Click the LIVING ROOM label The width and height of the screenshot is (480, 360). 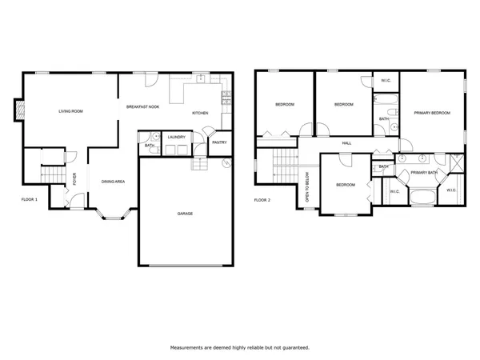pyautogui.click(x=70, y=111)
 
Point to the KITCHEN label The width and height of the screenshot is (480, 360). pyautogui.click(x=200, y=113)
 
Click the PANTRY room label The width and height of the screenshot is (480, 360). pyautogui.click(x=218, y=142)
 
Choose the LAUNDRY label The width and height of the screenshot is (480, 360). pyautogui.click(x=177, y=138)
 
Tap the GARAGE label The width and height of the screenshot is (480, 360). pyautogui.click(x=185, y=213)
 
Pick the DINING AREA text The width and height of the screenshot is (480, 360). pyautogui.click(x=112, y=182)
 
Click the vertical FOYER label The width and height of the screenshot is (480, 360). pyautogui.click(x=74, y=179)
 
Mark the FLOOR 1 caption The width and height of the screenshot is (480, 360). pyautogui.click(x=30, y=199)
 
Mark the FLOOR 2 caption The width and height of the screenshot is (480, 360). pyautogui.click(x=263, y=199)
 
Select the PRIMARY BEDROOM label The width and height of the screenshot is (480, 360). pyautogui.click(x=431, y=113)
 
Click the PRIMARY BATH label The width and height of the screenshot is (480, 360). pyautogui.click(x=423, y=172)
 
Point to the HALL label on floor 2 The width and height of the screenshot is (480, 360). pyautogui.click(x=346, y=143)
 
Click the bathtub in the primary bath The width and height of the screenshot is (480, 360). pyautogui.click(x=422, y=196)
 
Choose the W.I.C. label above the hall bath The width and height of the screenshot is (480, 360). pyautogui.click(x=385, y=81)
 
